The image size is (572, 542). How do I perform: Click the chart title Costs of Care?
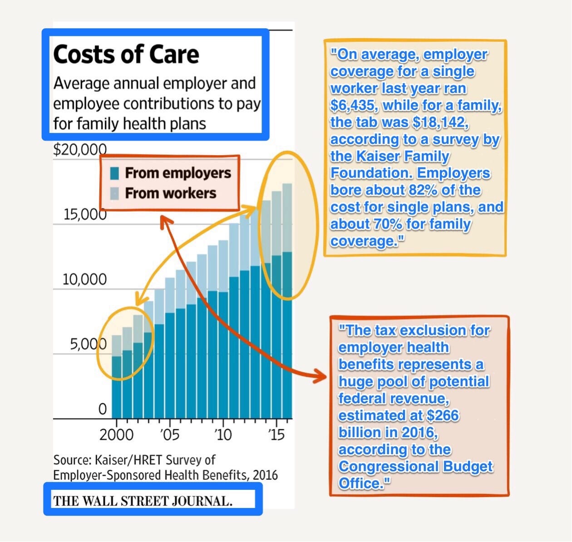[126, 55]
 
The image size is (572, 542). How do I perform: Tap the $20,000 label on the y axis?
[80, 149]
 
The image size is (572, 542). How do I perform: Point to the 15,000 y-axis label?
[85, 214]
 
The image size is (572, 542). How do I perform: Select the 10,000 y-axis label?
[84, 279]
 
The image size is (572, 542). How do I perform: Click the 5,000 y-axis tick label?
[88, 345]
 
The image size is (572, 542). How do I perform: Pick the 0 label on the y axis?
[103, 409]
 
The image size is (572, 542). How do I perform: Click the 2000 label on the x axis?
[116, 434]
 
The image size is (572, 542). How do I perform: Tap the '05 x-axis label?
[170, 434]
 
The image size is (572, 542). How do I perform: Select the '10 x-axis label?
[223, 434]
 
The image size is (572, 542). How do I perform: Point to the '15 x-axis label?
[276, 434]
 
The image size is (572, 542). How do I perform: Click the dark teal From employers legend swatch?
[114, 173]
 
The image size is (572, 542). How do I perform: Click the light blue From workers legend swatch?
[114, 193]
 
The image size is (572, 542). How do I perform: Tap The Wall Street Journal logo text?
[143, 501]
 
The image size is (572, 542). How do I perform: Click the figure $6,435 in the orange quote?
[353, 105]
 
